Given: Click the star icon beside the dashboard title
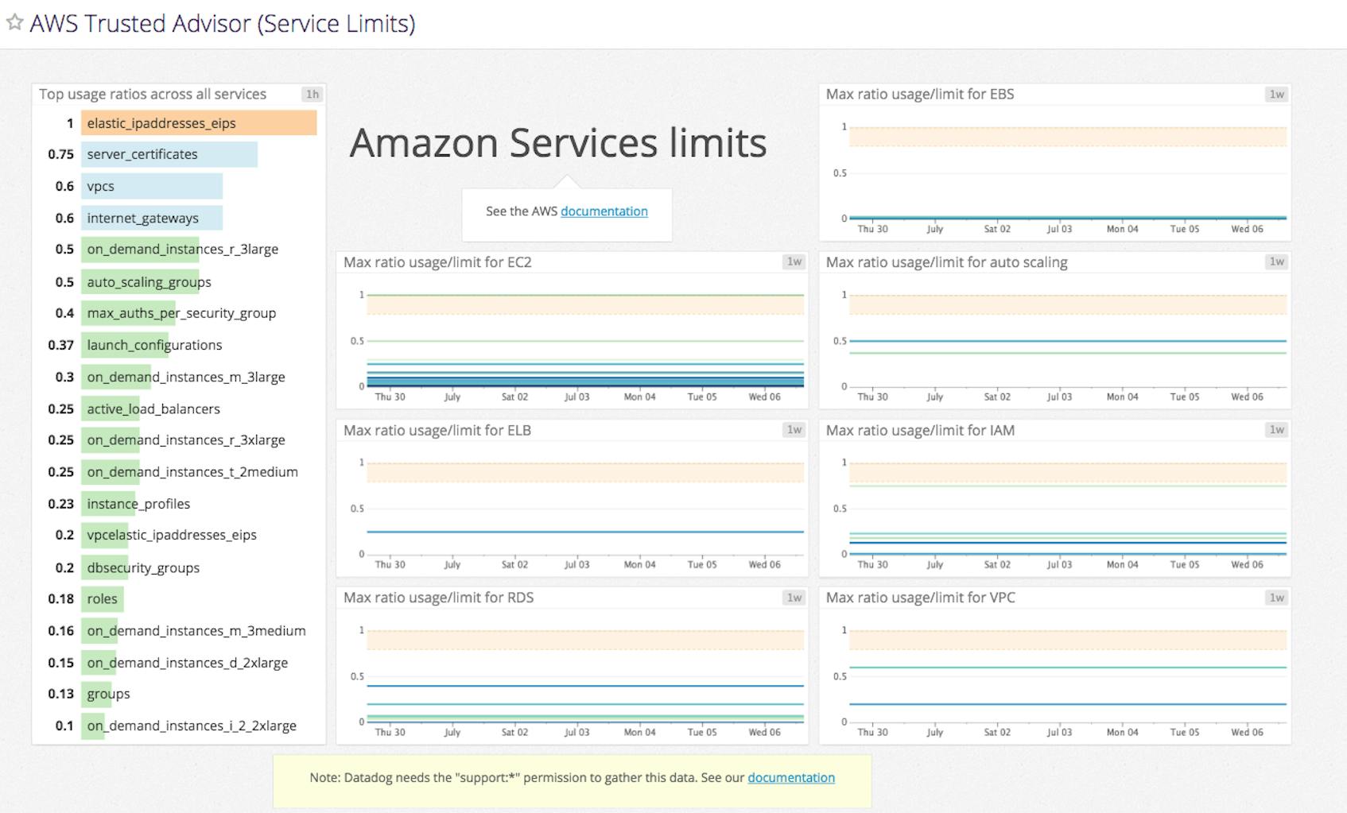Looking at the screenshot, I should tap(14, 22).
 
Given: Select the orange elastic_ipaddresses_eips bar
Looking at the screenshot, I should tap(198, 123).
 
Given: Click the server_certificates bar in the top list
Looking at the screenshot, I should tap(169, 154).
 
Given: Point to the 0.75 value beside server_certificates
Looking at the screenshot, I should tap(60, 154).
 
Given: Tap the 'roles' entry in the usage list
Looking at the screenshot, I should tap(102, 598).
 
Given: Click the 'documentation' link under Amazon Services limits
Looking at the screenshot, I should tap(604, 211).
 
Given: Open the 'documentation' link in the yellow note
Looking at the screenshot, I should tap(790, 777).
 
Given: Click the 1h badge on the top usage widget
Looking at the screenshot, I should tap(312, 94).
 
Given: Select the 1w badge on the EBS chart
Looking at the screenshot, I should tap(1276, 94).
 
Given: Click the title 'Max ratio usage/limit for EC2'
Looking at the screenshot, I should tap(437, 262).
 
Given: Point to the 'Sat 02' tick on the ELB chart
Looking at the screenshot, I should tap(514, 564).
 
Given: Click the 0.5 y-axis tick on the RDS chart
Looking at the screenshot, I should tap(357, 676).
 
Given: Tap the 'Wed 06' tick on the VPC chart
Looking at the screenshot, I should tap(1246, 732).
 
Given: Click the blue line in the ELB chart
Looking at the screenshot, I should tap(584, 532).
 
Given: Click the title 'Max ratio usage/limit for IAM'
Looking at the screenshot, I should tap(920, 430).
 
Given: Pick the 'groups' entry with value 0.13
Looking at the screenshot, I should tap(107, 694).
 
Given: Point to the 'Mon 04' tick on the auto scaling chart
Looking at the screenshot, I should tap(1121, 397).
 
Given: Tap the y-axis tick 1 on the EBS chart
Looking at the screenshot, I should tap(844, 127).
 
